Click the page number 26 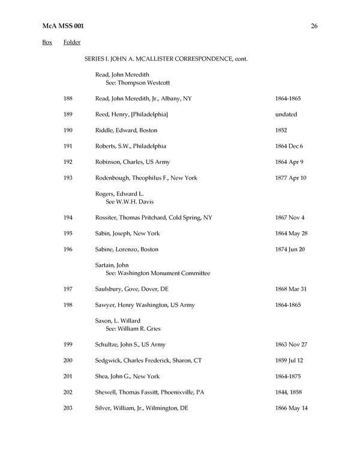point(314,26)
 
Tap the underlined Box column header point(47,43)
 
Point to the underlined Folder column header point(72,43)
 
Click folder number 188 point(68,98)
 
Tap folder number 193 point(68,178)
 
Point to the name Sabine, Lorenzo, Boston point(127,249)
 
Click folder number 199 point(68,345)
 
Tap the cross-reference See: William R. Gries point(133,328)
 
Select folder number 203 point(68,408)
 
